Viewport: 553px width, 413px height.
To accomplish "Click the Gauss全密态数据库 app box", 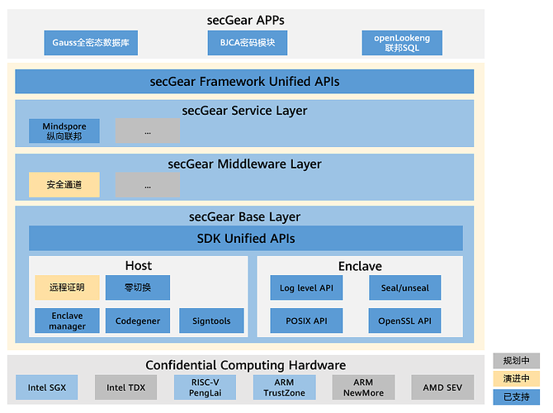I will (90, 43).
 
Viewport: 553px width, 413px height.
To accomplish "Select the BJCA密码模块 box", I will (241, 43).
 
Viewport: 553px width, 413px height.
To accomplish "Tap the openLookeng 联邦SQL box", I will (402, 43).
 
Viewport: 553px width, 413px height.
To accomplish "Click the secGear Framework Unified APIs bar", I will (244, 82).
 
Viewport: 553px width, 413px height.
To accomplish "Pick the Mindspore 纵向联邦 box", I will (64, 131).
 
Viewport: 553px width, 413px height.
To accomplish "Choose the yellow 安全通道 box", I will (64, 185).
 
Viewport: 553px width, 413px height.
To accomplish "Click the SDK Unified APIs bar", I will (246, 238).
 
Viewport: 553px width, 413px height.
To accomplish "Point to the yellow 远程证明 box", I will (67, 287).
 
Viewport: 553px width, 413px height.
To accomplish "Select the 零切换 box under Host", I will (137, 287).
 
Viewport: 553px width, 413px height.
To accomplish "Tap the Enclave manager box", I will (67, 320).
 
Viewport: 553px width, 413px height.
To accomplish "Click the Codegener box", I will (137, 320).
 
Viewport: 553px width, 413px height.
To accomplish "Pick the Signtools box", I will (211, 320).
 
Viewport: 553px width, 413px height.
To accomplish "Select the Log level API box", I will (305, 287).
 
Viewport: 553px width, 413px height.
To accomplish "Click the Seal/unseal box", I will (404, 287).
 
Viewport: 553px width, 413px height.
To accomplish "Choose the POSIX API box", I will (305, 320).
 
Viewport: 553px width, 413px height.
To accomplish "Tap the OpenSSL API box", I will (404, 320).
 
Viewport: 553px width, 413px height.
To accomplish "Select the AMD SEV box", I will (443, 387).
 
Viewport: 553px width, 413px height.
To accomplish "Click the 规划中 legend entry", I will (517, 361).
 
